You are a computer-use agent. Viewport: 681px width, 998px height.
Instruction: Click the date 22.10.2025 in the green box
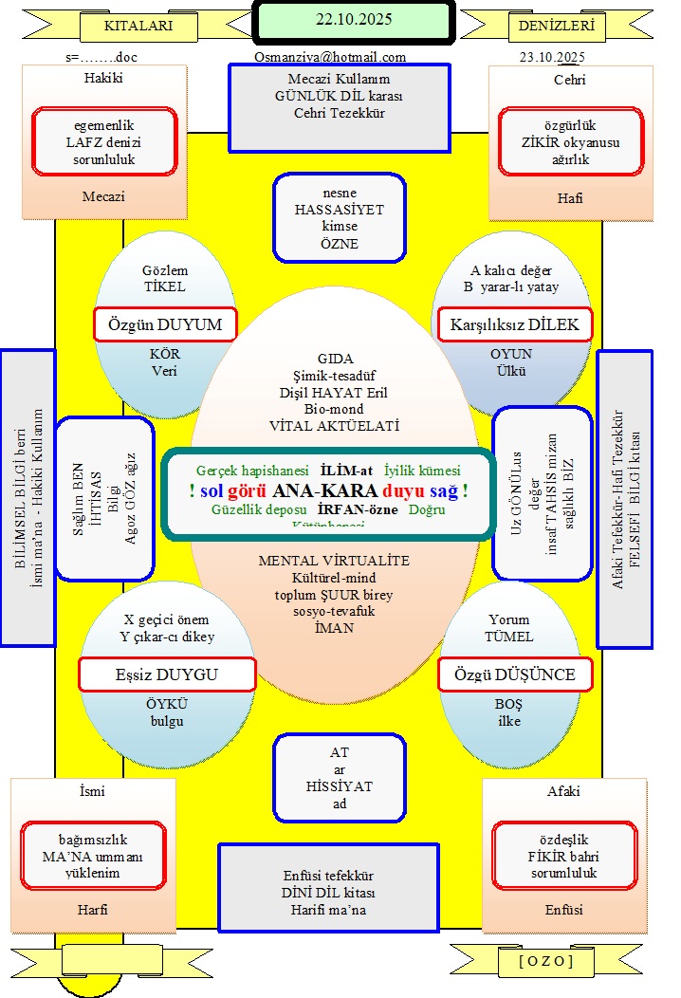point(353,19)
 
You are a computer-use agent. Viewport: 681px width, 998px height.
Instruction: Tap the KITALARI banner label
point(138,27)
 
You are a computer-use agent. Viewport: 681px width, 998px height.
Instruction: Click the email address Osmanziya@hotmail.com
point(330,57)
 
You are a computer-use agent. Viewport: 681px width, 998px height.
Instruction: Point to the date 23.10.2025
point(552,57)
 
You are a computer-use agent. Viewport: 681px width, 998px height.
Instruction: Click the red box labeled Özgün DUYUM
point(165,324)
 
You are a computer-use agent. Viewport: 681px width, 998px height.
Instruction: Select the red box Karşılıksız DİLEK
point(515,324)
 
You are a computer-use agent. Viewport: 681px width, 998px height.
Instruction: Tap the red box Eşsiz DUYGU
point(167,675)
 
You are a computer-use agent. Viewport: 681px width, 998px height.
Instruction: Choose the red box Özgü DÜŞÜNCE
point(514,675)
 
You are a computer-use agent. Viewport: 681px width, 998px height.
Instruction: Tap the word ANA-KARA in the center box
point(324,491)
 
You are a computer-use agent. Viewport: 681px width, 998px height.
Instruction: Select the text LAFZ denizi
point(104,141)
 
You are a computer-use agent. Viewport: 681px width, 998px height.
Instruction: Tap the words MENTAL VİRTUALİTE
point(334,561)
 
